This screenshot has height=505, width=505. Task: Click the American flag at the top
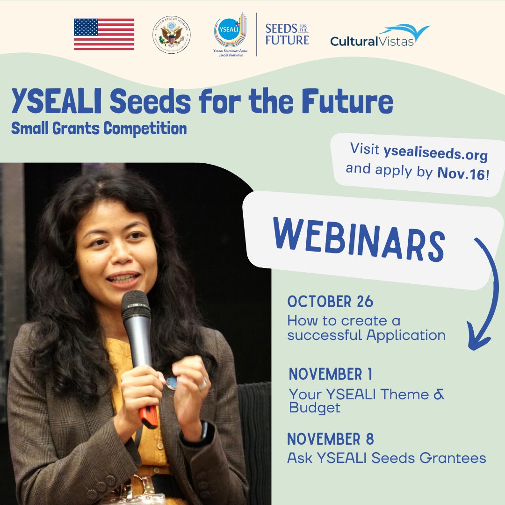[x=104, y=34]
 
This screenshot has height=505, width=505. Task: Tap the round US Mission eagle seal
[x=171, y=35]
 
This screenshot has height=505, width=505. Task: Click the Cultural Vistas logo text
[x=372, y=41]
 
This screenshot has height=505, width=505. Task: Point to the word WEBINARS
[x=358, y=241]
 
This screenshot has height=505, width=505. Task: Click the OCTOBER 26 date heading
[x=330, y=302]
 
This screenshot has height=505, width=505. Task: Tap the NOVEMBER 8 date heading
[x=330, y=439]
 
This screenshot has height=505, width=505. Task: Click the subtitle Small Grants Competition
[x=99, y=128]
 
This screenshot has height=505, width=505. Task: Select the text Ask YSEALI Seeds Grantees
[x=386, y=458]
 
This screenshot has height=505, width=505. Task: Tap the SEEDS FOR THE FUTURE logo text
[x=287, y=34]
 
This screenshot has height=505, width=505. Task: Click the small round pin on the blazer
[x=172, y=383]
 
